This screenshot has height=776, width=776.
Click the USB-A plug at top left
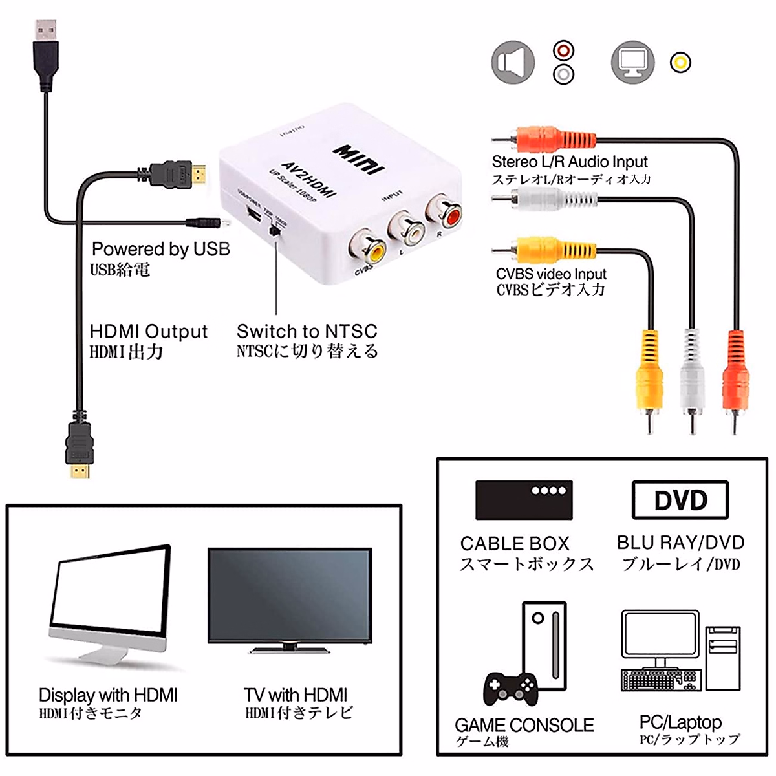click(x=45, y=55)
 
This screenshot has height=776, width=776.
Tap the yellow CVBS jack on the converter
click(x=367, y=246)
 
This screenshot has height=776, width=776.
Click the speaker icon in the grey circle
click(x=513, y=63)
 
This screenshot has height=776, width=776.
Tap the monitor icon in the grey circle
click(x=632, y=63)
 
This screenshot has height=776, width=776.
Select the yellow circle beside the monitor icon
click(x=680, y=63)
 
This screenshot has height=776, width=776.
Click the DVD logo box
click(x=680, y=500)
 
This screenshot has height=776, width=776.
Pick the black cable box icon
click(x=524, y=500)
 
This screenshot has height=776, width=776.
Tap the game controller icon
click(x=511, y=688)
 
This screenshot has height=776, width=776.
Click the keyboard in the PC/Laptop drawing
click(x=660, y=680)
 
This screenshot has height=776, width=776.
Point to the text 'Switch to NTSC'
click(x=307, y=332)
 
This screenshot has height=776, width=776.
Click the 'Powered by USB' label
click(x=160, y=249)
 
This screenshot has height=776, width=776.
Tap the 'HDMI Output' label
click(x=148, y=332)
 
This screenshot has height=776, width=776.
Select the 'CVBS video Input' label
click(x=551, y=274)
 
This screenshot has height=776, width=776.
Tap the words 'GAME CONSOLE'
click(x=524, y=725)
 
